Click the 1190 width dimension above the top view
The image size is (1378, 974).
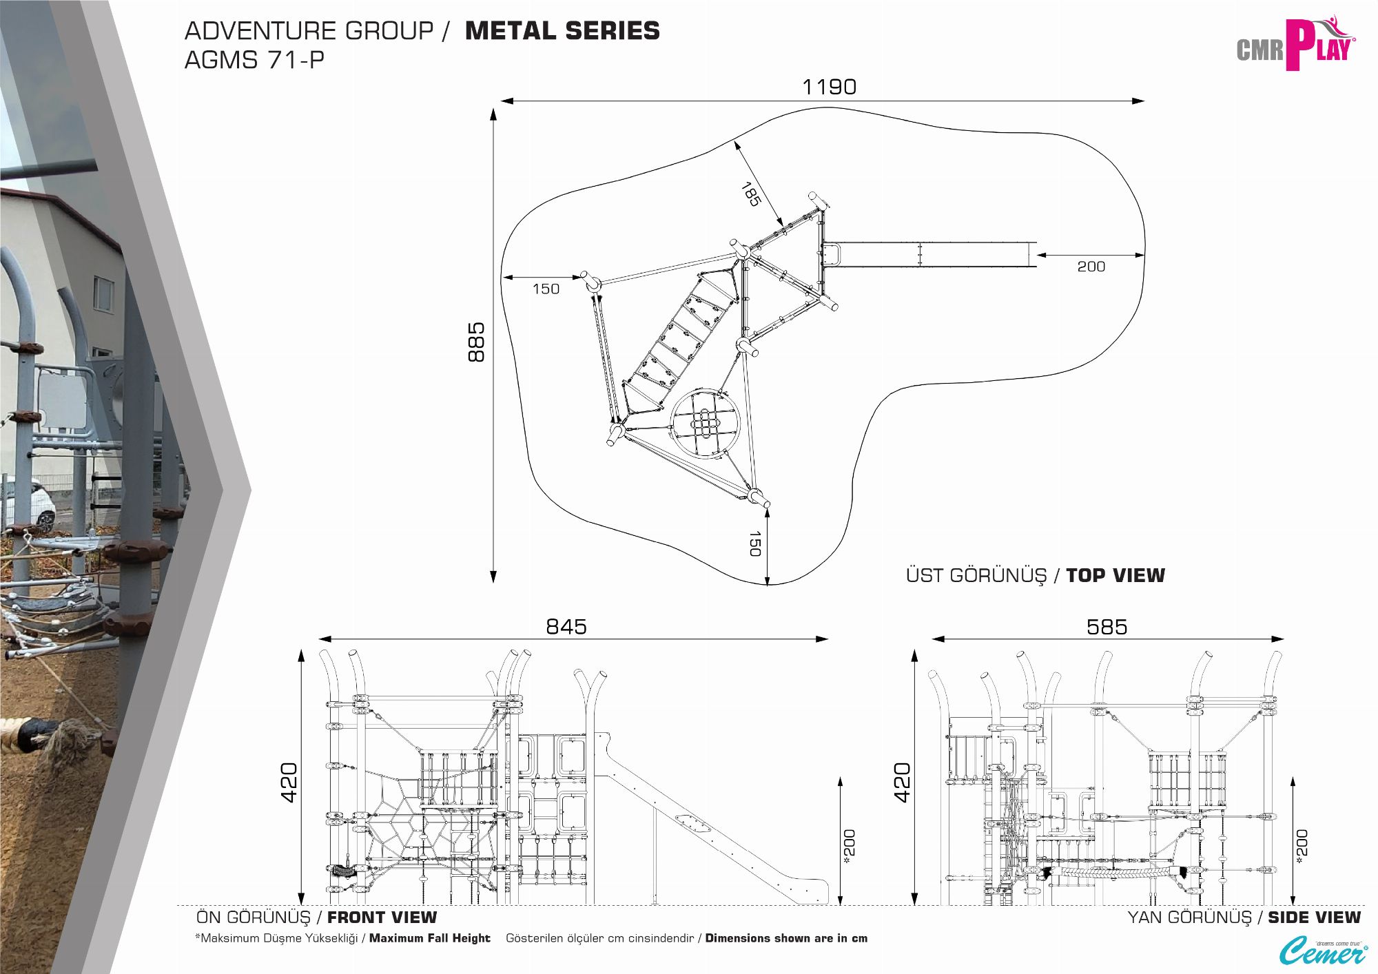pos(829,87)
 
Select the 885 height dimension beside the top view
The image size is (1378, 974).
pos(476,342)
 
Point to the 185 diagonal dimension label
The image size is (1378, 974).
pos(750,194)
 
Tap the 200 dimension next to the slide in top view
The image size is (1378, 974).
pos(1091,267)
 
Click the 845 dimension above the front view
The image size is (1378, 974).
pos(566,627)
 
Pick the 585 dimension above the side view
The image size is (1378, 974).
pos(1107,627)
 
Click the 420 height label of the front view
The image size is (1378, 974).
pos(289,782)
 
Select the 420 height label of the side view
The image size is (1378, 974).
pos(902,782)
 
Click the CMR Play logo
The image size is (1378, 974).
pos(1295,45)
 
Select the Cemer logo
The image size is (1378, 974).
pos(1323,951)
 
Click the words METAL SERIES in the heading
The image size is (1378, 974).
pos(562,31)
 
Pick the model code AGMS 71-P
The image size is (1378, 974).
pos(254,61)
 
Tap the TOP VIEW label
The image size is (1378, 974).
pos(1115,576)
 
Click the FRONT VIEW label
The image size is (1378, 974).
pos(382,918)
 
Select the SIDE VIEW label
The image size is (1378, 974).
pos(1314,918)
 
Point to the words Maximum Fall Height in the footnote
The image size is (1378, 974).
pos(429,938)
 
